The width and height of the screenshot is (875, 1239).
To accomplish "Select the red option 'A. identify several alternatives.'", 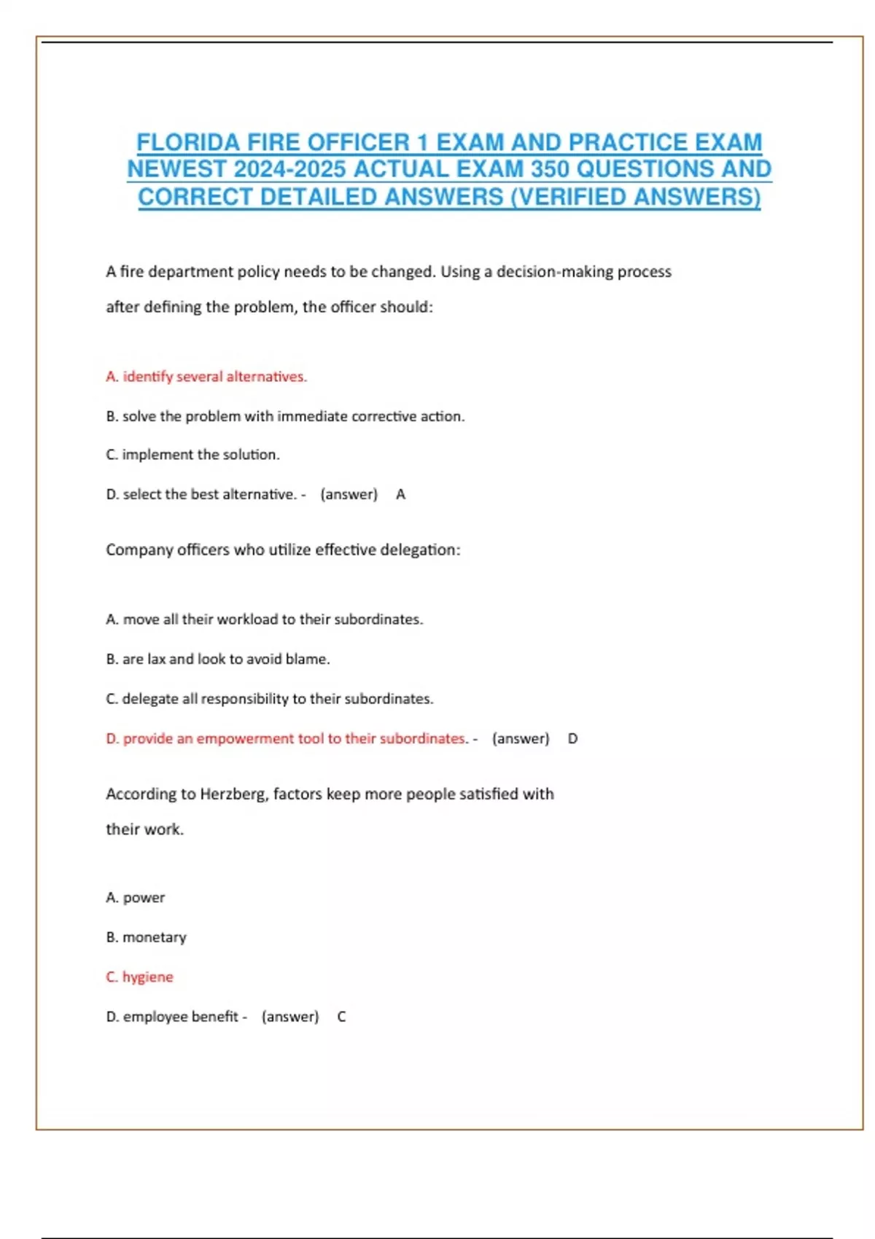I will tap(206, 377).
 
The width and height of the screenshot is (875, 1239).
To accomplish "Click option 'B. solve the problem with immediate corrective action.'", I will tap(285, 416).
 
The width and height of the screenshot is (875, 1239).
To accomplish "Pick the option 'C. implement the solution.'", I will tap(192, 455).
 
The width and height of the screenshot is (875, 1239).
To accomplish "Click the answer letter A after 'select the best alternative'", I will tap(400, 495).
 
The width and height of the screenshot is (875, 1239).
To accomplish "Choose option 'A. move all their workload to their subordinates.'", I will tap(264, 619).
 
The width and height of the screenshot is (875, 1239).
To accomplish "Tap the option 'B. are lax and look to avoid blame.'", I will tap(217, 659).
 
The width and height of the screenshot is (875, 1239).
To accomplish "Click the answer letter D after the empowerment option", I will tap(572, 738).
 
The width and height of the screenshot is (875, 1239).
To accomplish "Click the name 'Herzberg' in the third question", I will tap(233, 794).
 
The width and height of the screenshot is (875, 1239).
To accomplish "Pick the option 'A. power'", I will tap(136, 897).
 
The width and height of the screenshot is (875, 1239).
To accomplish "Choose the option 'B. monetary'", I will tap(146, 937).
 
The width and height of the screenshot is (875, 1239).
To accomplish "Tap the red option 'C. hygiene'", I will tap(139, 977).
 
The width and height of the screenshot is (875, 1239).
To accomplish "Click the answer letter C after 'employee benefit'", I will tap(341, 1017).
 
